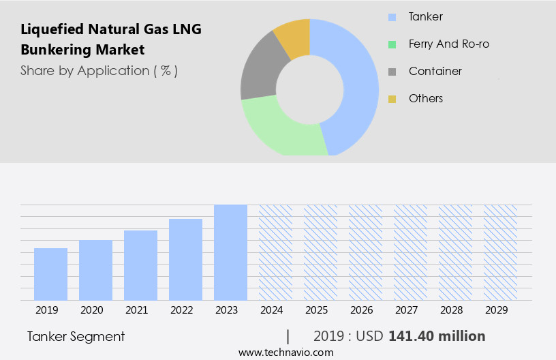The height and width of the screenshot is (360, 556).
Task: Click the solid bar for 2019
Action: click(50, 274)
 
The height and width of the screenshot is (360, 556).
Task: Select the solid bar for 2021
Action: click(140, 265)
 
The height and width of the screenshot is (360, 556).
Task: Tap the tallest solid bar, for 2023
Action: click(230, 252)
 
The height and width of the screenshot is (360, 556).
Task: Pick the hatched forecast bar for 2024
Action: click(275, 252)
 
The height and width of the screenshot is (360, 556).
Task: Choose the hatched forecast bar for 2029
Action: click(500, 252)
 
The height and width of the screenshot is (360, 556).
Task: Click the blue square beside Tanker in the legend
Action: click(392, 17)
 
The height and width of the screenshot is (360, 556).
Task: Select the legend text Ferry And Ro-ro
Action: click(448, 44)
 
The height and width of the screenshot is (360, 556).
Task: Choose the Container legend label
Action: click(435, 72)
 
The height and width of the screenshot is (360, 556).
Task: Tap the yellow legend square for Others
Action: click(392, 99)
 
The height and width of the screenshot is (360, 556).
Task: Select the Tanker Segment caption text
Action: click(76, 336)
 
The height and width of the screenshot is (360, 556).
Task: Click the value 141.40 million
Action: click(437, 336)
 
